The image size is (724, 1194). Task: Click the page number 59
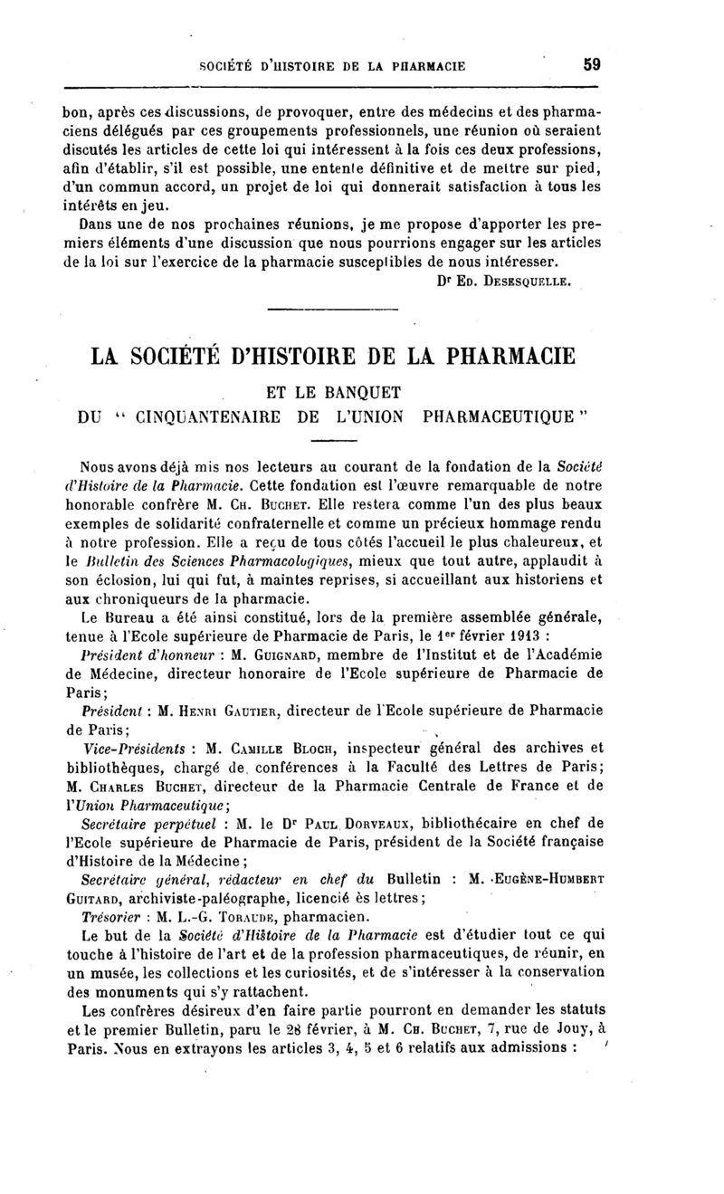coord(592,65)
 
